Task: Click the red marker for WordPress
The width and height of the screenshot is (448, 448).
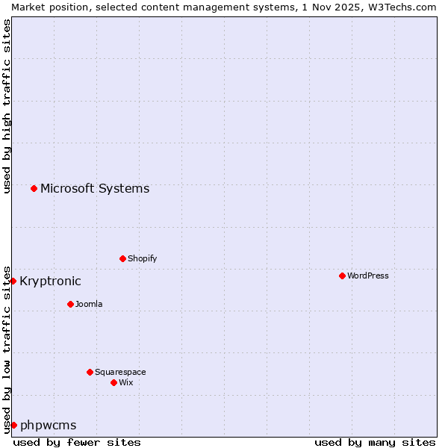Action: click(342, 276)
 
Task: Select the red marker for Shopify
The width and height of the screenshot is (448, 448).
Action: click(122, 258)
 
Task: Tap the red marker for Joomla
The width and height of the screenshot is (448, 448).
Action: click(70, 304)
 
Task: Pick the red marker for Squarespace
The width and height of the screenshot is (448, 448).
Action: click(90, 372)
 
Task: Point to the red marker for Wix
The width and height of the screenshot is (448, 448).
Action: click(113, 382)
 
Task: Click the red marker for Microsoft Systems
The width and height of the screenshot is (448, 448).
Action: click(34, 188)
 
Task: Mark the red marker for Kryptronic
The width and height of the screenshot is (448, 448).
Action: click(13, 281)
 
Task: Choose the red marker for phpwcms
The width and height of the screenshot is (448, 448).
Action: click(13, 425)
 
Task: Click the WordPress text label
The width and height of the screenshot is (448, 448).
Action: click(368, 276)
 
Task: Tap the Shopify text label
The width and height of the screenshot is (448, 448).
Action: click(142, 258)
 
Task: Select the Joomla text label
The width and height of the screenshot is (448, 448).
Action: click(89, 304)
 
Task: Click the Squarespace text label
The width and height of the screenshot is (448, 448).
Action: click(120, 372)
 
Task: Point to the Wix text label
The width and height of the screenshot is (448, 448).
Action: click(125, 382)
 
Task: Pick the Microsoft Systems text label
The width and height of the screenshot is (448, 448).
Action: click(95, 188)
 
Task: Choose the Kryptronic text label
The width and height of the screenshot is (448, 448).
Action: click(50, 281)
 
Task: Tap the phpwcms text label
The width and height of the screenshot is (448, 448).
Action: click(49, 425)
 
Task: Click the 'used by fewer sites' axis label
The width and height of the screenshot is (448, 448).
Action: click(77, 442)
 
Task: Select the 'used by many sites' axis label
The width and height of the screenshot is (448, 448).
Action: click(375, 442)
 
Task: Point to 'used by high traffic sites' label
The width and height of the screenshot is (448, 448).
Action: click(7, 106)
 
